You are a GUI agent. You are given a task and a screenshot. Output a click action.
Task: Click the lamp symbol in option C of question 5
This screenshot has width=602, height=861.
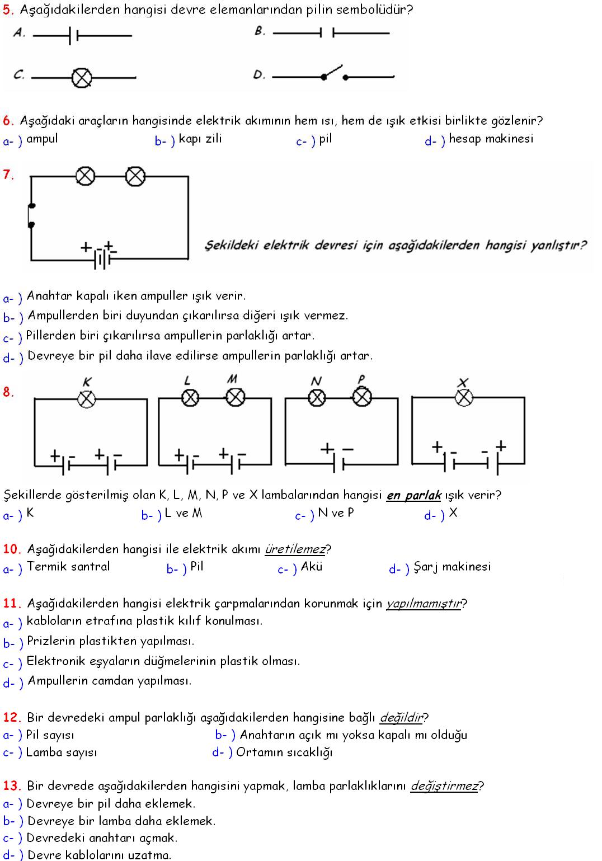[x=82, y=77]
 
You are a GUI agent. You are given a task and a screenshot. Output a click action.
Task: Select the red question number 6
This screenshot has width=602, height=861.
[x=8, y=120]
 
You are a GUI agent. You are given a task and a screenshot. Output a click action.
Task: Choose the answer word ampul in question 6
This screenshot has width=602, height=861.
[x=42, y=139]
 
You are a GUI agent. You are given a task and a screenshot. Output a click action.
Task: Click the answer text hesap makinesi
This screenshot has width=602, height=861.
[x=491, y=139]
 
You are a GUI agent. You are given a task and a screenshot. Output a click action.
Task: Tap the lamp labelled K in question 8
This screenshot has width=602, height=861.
[x=87, y=399]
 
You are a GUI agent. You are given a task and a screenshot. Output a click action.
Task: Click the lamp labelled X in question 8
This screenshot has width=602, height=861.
[x=464, y=397]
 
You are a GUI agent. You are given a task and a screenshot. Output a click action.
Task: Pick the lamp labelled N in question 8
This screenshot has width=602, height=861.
[x=317, y=397]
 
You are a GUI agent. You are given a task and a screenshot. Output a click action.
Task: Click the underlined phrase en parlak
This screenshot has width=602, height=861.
[x=413, y=495]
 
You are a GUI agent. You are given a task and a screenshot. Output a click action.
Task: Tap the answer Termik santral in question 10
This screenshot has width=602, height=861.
[x=68, y=567]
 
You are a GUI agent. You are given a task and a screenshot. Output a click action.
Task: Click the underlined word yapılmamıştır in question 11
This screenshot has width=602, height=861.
[x=424, y=604]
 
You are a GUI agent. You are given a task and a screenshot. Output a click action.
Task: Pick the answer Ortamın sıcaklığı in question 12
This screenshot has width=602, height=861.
[x=284, y=752]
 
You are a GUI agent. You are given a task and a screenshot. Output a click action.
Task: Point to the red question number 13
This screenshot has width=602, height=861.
[x=12, y=786]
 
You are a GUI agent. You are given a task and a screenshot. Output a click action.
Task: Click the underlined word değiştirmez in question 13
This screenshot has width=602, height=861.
[x=445, y=786]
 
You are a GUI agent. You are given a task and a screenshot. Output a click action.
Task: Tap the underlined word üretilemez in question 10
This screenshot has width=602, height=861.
[x=295, y=549]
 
